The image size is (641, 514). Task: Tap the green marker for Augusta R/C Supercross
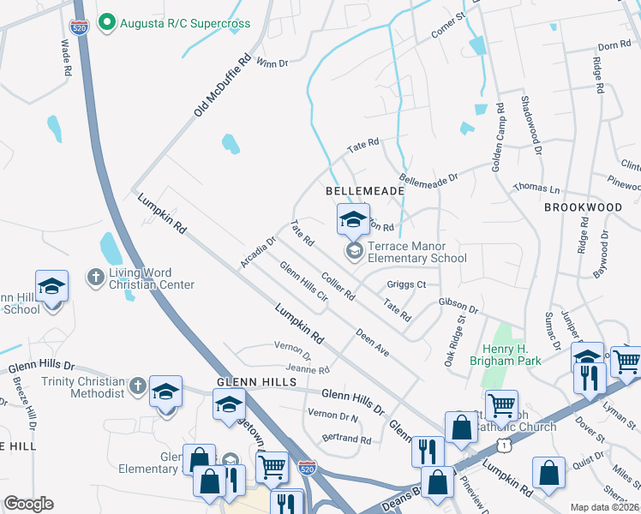[x=107, y=22]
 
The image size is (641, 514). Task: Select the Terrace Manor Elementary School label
[x=416, y=252]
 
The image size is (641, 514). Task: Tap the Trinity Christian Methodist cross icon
[x=136, y=385]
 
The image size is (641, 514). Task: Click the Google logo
[x=28, y=504]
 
